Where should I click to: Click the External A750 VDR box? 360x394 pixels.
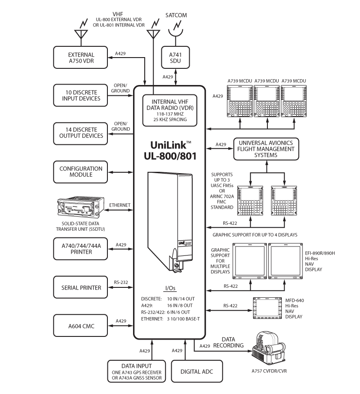click(81, 58)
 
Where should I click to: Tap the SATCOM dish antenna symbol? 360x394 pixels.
click(175, 31)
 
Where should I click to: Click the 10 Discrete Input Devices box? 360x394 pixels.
click(81, 95)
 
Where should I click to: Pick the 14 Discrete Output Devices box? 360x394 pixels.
click(81, 133)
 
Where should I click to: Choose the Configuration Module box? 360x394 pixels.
click(81, 172)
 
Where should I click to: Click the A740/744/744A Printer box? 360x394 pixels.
click(81, 249)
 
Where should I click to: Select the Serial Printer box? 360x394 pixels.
click(81, 287)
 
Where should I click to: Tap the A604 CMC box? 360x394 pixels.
click(81, 326)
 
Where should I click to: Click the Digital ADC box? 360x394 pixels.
click(197, 372)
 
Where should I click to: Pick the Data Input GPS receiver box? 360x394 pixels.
click(137, 372)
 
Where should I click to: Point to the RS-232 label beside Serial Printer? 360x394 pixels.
click(121, 282)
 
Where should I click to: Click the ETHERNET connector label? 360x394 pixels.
click(120, 205)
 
